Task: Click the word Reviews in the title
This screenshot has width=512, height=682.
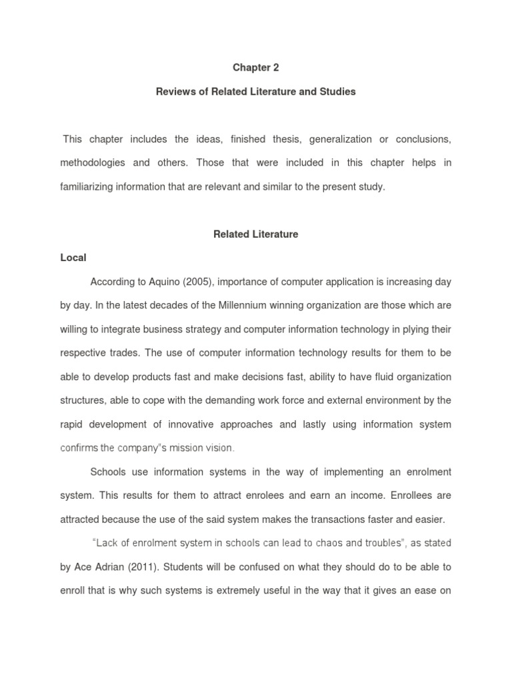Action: (173, 92)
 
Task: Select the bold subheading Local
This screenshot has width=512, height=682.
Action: (74, 257)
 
